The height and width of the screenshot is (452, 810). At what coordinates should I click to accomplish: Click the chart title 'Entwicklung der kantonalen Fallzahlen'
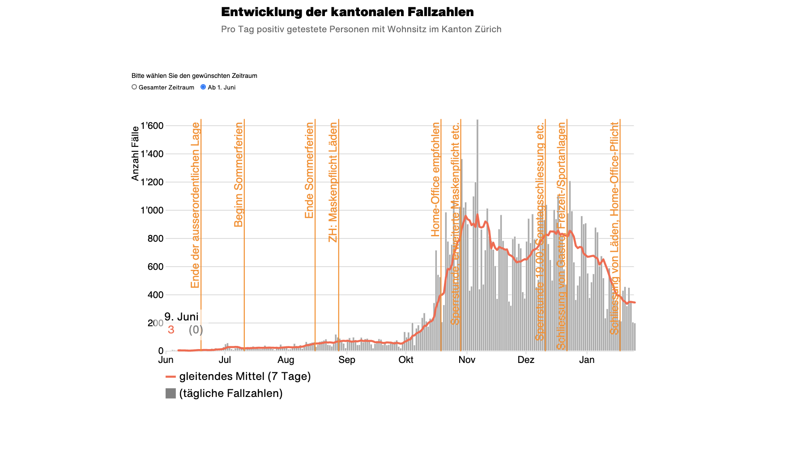347,12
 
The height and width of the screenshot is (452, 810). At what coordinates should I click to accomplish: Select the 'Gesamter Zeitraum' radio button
134,87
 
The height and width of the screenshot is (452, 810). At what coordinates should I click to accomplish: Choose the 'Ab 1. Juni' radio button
203,87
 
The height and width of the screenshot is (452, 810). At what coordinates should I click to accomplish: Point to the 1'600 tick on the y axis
152,126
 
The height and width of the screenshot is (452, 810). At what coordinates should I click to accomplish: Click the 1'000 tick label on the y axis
152,210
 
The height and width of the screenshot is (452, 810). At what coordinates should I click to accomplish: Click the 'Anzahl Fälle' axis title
135,154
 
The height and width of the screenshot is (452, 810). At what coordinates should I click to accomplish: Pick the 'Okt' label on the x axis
406,360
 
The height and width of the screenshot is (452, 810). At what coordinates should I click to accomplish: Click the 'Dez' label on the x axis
526,360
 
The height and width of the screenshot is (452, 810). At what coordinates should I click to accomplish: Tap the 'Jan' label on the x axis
587,360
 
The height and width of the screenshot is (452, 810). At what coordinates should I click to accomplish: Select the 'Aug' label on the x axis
286,360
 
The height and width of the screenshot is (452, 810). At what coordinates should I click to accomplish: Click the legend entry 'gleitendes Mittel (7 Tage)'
244,376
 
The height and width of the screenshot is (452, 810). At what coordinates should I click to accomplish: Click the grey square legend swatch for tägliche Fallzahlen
171,393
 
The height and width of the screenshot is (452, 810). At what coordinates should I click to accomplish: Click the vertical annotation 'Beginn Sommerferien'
239,175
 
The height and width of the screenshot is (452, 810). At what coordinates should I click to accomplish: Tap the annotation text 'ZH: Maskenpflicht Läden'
333,183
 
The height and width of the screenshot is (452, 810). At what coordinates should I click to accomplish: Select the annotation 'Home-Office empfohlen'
435,179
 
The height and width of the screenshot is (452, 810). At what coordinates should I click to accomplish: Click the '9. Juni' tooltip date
181,317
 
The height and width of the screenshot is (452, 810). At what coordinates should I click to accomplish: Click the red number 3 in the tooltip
171,330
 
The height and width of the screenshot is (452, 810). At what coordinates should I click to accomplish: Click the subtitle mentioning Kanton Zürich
361,30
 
